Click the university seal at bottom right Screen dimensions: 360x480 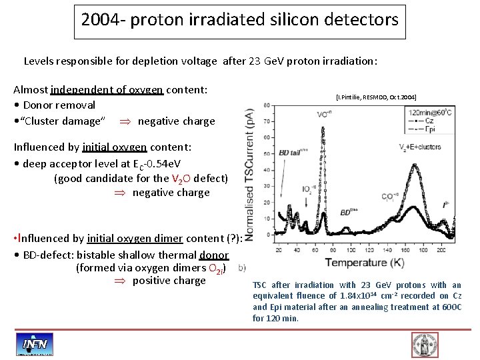[424, 344]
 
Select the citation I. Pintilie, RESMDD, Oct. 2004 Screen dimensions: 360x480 [376, 98]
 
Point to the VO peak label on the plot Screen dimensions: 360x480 [324, 114]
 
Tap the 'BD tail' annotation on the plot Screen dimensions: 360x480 [293, 151]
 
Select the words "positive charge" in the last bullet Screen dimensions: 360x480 [169, 280]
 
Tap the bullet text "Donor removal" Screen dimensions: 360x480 [59, 105]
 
